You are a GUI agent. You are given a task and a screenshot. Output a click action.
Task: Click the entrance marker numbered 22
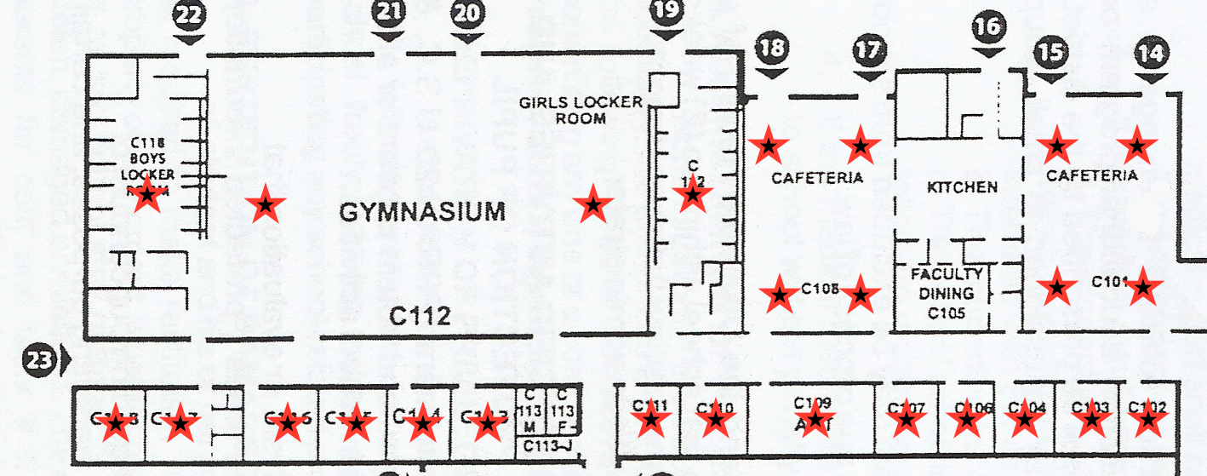click(188, 16)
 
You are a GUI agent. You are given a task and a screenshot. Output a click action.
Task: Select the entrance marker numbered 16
click(988, 28)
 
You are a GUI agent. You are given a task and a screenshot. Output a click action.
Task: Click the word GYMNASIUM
click(422, 212)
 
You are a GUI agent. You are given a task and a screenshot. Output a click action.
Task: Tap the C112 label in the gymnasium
click(420, 317)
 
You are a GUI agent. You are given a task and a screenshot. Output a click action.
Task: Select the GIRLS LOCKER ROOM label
click(581, 110)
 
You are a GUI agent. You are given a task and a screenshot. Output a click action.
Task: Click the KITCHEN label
click(961, 186)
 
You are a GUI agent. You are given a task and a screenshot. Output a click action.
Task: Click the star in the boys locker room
click(147, 195)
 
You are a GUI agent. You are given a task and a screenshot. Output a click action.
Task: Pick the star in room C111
click(651, 419)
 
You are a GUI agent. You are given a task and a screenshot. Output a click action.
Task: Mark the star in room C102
click(1149, 419)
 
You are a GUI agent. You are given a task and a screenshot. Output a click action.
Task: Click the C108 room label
click(821, 289)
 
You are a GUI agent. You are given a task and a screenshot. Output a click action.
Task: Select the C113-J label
click(547, 446)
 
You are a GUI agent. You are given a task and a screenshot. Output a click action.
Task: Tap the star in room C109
click(815, 418)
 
